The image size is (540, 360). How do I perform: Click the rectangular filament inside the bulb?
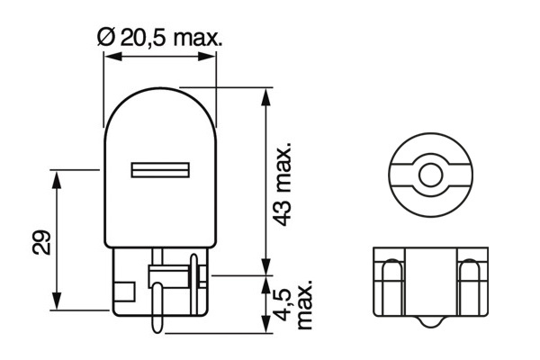[160, 169]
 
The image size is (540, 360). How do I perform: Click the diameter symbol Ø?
[105, 37]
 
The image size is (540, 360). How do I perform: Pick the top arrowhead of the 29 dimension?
[58, 175]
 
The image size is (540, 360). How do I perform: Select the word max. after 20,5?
[198, 37]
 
